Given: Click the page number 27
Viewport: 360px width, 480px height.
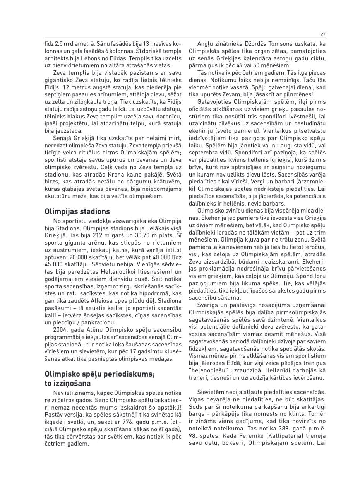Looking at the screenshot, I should (323, 34).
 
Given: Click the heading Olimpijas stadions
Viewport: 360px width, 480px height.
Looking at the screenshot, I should (77, 211).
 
